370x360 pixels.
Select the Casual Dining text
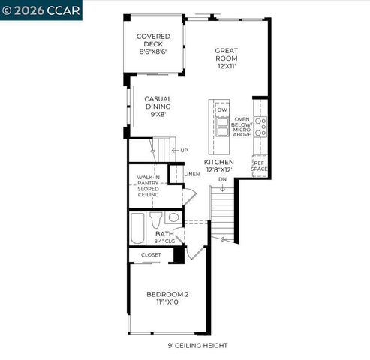[158, 106]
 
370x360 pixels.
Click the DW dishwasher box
[222, 110]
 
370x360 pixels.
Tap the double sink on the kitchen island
[222, 129]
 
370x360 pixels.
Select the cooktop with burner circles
[260, 127]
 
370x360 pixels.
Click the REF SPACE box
[259, 166]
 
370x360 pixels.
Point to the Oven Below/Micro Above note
[242, 127]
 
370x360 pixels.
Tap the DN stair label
[222, 179]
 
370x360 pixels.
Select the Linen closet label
[193, 174]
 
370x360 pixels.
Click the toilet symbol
[156, 220]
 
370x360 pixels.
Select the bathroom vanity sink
[173, 217]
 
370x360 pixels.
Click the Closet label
[151, 255]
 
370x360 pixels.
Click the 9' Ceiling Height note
[197, 346]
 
